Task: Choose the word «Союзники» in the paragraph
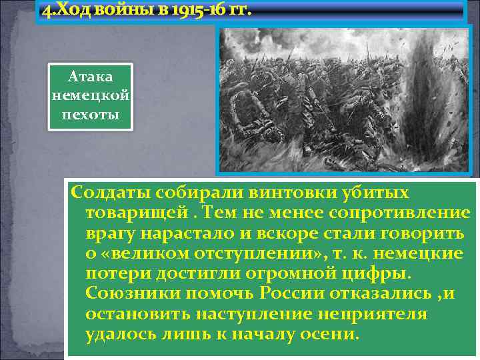pos(131,294)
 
